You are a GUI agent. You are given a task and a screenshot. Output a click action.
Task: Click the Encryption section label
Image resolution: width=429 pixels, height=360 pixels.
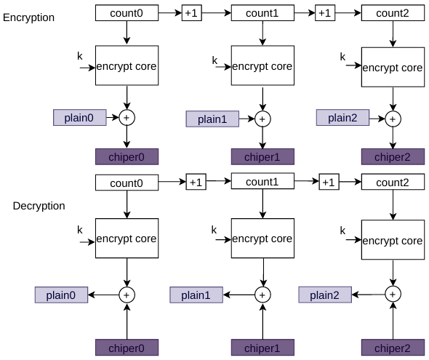tap(28, 17)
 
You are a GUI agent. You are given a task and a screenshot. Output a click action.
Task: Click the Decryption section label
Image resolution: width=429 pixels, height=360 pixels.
tap(39, 206)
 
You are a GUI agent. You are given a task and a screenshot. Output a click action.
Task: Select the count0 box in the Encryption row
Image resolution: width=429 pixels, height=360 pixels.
tap(127, 13)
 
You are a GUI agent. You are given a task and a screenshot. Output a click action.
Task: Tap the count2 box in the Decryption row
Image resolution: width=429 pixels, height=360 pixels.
tap(393, 183)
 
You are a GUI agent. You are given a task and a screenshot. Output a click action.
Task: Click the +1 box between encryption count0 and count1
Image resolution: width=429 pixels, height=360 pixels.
tap(192, 13)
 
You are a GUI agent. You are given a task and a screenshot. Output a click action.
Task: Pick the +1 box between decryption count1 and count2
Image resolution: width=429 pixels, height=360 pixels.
tap(329, 182)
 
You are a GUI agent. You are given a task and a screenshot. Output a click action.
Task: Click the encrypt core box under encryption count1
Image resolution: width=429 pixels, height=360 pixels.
tap(262, 65)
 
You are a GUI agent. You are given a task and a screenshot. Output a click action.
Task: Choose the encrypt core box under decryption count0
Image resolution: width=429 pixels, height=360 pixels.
tap(127, 239)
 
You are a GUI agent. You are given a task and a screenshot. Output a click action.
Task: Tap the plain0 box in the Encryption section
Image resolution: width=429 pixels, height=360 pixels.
tap(79, 118)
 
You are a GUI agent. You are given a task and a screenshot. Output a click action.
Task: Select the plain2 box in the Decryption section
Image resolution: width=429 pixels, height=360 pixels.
tap(325, 295)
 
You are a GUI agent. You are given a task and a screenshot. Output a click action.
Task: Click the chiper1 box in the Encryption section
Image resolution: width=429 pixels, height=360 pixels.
tap(262, 157)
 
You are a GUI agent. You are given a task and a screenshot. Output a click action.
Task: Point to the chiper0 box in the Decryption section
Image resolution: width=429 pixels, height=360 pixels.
tap(127, 348)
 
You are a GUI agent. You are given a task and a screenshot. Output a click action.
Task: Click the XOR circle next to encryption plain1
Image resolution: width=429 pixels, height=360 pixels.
tap(262, 119)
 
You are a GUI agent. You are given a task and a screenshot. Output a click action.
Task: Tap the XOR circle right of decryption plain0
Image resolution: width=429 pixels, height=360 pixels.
tap(127, 295)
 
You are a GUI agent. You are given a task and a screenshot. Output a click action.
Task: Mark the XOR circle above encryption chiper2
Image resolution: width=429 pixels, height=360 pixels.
tap(393, 119)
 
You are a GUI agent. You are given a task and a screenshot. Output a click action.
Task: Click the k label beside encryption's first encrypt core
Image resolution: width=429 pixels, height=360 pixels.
tap(79, 56)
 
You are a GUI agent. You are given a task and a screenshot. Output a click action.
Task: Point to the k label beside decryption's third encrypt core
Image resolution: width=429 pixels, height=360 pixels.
tap(342, 231)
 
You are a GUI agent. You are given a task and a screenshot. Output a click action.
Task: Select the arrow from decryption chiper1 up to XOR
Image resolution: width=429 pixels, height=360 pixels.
tap(262, 321)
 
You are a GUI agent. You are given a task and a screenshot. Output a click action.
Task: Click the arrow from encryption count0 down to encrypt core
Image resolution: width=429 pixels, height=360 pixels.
tap(127, 33)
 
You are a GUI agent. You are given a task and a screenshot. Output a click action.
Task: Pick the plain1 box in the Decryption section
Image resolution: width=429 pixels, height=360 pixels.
tap(196, 295)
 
